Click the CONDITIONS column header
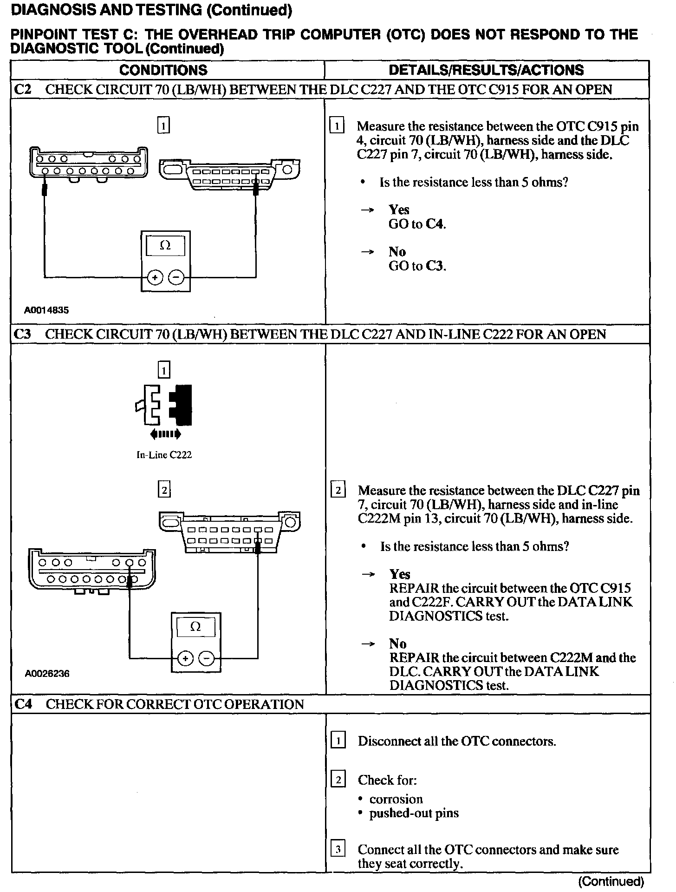pyautogui.click(x=163, y=70)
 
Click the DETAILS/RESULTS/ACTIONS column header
pyautogui.click(x=486, y=70)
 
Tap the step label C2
pyautogui.click(x=22, y=89)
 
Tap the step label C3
pyautogui.click(x=22, y=334)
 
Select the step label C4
pyautogui.click(x=23, y=704)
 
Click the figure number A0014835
pyautogui.click(x=46, y=310)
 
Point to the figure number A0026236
pyautogui.click(x=47, y=673)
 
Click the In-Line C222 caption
pyautogui.click(x=164, y=455)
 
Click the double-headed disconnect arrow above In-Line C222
pyautogui.click(x=165, y=434)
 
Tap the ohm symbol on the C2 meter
pyautogui.click(x=165, y=246)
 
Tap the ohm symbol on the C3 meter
pyautogui.click(x=195, y=627)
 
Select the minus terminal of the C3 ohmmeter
pyautogui.click(x=207, y=658)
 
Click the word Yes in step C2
pyautogui.click(x=399, y=210)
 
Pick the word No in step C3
pyautogui.click(x=398, y=643)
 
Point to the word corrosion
pyautogui.click(x=396, y=799)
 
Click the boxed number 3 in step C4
pyautogui.click(x=338, y=849)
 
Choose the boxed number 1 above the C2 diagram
pyautogui.click(x=163, y=125)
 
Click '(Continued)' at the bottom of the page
pyautogui.click(x=611, y=881)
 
